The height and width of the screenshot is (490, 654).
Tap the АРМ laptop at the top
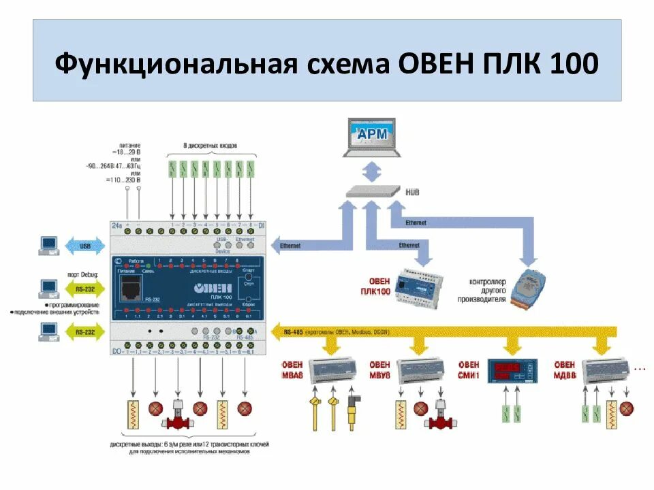pos(372,136)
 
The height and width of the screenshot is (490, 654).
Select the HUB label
pos(412,193)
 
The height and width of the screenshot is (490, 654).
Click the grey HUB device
pos(372,192)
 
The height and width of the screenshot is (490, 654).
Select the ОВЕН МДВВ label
pos(565,370)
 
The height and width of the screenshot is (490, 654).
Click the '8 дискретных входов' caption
pos(212,146)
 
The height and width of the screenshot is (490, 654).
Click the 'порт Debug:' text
pos(84,274)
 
